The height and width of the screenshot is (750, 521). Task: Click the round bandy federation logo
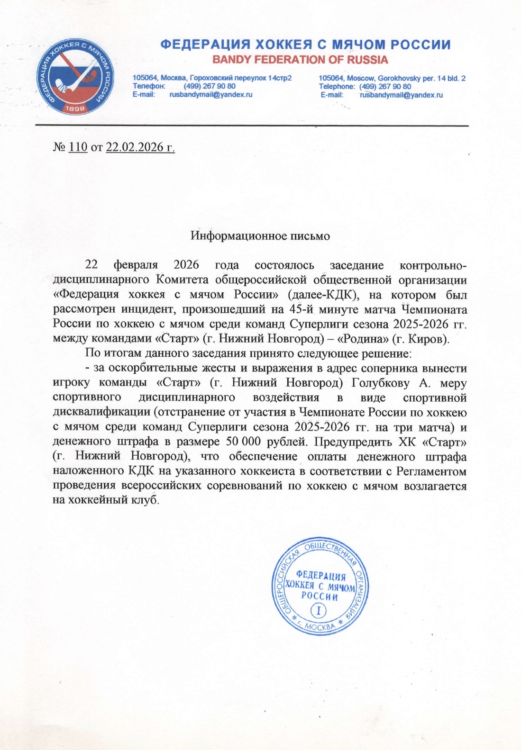[76, 78]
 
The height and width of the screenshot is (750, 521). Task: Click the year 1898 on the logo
[75, 108]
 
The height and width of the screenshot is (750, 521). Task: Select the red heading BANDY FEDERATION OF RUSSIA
[300, 60]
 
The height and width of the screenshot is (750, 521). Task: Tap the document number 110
[78, 147]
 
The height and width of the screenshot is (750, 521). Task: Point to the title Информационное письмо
[260, 235]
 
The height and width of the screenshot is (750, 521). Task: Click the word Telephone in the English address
[337, 86]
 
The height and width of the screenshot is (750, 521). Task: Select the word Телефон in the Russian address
[148, 86]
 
